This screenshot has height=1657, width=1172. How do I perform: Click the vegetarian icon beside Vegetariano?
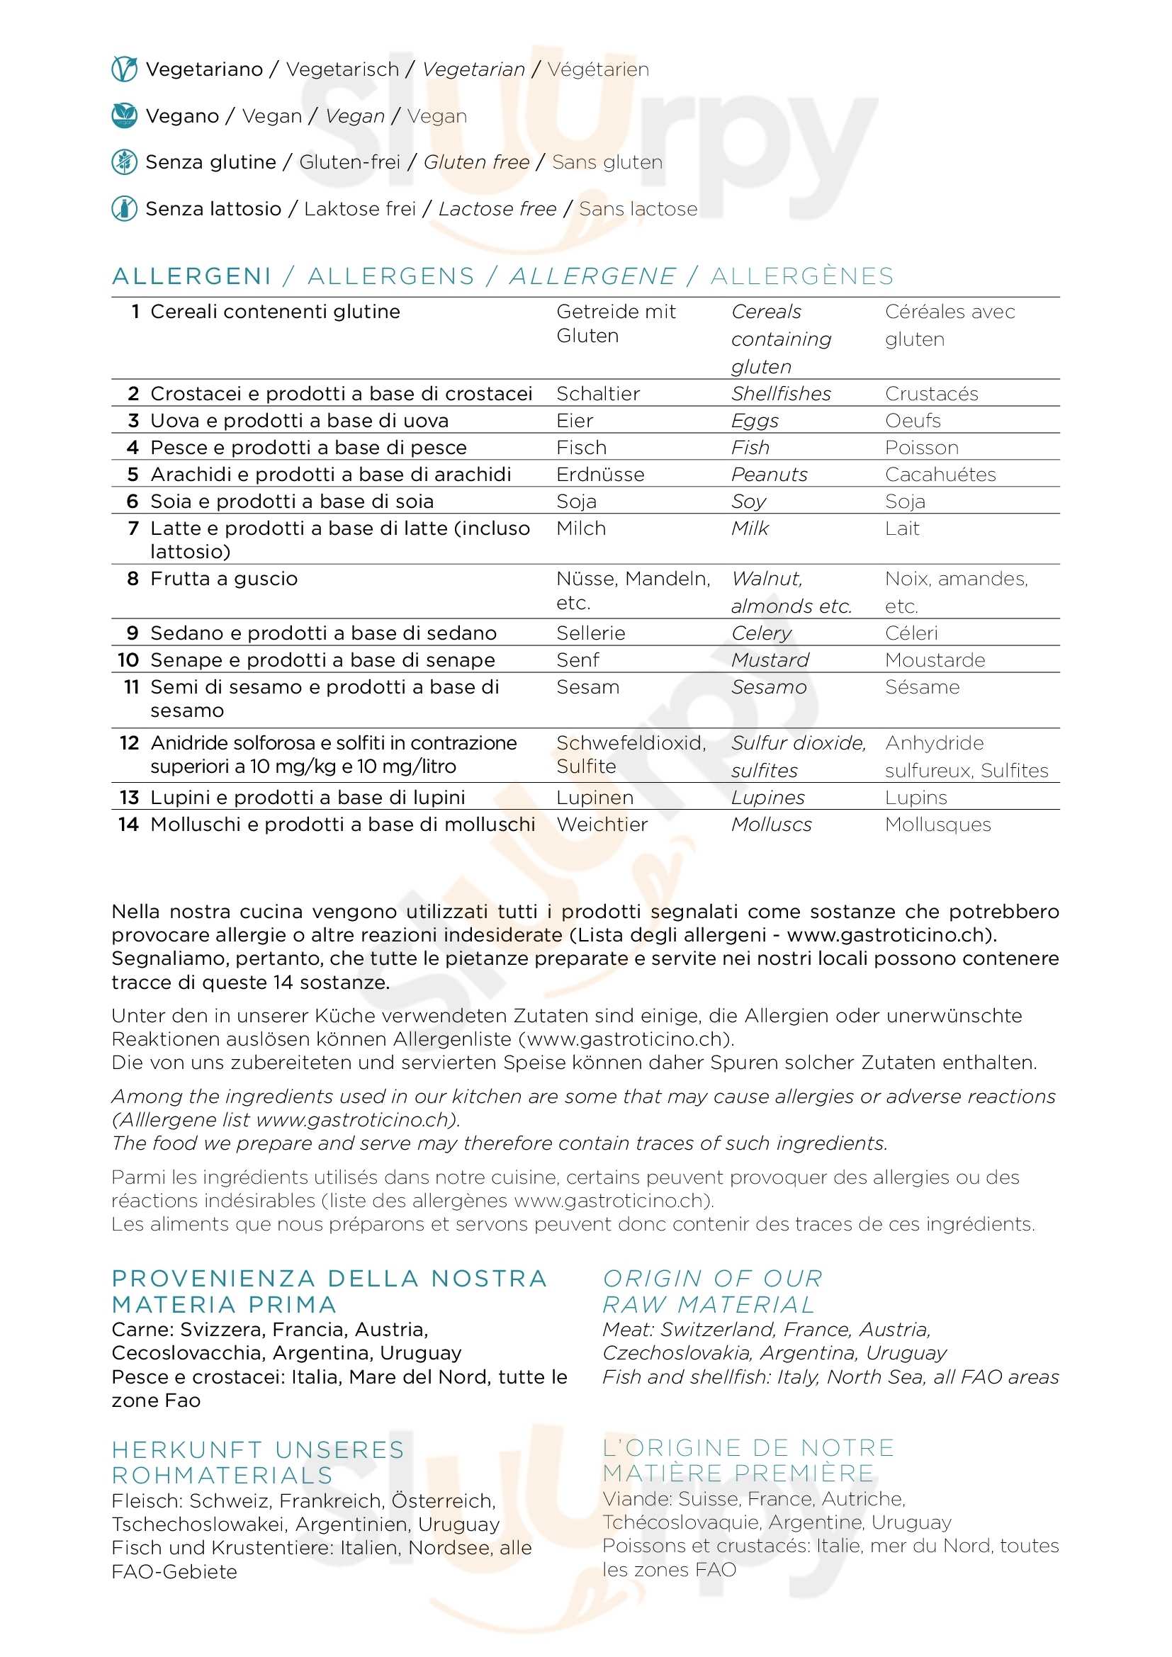coord(124,69)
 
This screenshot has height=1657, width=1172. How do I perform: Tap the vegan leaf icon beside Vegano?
coord(124,115)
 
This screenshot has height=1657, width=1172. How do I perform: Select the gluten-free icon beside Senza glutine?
coord(124,162)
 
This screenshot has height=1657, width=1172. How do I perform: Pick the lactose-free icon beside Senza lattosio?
coord(124,208)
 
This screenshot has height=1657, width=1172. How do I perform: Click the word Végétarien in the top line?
coord(598,69)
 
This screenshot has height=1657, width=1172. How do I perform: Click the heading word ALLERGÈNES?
coord(802,276)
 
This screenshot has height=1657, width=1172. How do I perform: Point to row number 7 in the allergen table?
coord(133,528)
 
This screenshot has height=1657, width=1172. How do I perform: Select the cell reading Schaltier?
coord(598,394)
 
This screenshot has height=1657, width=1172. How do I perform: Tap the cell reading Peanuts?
coord(770,475)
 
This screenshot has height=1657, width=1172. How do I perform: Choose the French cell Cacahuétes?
coord(940,475)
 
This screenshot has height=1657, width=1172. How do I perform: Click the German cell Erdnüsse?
coord(600,475)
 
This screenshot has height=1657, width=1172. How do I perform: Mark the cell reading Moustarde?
coord(935,660)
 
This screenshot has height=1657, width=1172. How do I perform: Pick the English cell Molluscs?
coord(772,825)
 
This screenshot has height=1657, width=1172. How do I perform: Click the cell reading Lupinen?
coord(595,798)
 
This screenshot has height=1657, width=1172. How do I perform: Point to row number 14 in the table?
coord(128,825)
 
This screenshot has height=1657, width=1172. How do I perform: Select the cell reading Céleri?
coord(911,633)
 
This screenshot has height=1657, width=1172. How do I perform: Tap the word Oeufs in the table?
coord(913,421)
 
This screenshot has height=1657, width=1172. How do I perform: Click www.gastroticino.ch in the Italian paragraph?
coord(891,935)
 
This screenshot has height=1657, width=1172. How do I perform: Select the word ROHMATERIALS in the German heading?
coord(222,1475)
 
